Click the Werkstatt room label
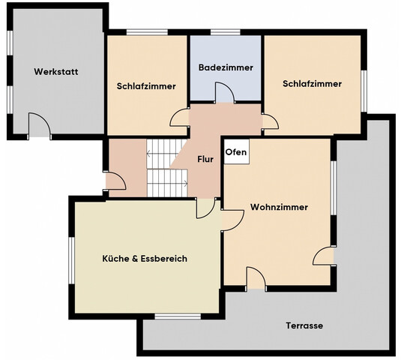coord(56,72)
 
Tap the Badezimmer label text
coord(226,67)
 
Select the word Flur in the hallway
coord(205,159)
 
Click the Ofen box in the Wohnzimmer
coord(235,151)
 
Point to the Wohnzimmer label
coord(279,207)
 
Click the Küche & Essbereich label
coord(145,258)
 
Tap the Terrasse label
coord(304,325)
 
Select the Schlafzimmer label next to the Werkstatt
coord(146,86)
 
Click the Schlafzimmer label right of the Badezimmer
coord(312,84)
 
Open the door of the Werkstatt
coord(39,126)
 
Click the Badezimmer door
coord(223,94)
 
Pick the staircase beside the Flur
coord(166,166)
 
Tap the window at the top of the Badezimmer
coord(225,31)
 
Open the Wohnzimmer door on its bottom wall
coord(256,280)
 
